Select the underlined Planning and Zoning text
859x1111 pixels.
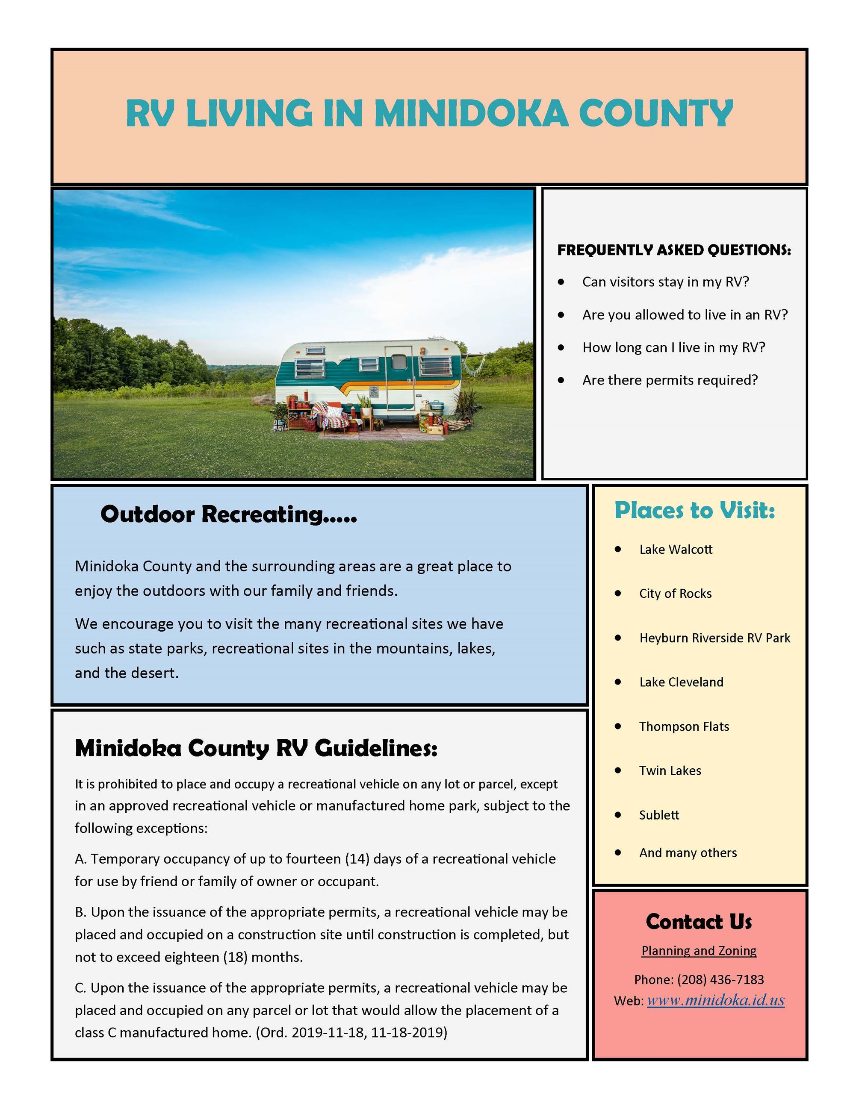click(699, 950)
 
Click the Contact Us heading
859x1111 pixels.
click(699, 921)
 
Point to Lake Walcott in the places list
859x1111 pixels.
click(676, 550)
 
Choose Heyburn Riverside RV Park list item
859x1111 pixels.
click(714, 638)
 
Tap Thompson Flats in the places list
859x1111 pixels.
click(684, 726)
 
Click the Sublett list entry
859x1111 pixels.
click(659, 815)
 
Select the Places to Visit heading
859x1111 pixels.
click(695, 510)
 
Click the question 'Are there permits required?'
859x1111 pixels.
click(670, 380)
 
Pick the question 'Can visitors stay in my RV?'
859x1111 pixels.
click(666, 282)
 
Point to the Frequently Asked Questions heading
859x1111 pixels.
click(674, 250)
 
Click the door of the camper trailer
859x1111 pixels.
click(399, 377)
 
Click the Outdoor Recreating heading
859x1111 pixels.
click(228, 514)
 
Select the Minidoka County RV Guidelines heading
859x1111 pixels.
click(256, 748)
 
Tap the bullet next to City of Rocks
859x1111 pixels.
click(618, 593)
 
